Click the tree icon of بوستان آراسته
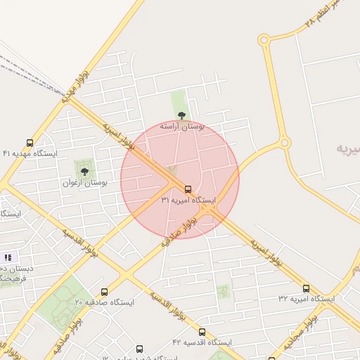coord(181,115)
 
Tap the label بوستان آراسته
coord(181,127)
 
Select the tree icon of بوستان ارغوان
coord(84,172)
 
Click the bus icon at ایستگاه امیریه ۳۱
coord(188,189)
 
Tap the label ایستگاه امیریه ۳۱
coord(188,200)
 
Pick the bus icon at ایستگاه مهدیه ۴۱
coord(30,143)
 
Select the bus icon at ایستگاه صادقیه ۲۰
coord(104,292)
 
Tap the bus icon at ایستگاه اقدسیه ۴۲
coord(202,332)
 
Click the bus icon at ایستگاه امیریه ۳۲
coord(306,288)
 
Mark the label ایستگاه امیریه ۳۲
coord(306,299)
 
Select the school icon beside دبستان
coord(8,258)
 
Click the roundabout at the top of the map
coord(264,39)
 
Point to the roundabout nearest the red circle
coord(285,143)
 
